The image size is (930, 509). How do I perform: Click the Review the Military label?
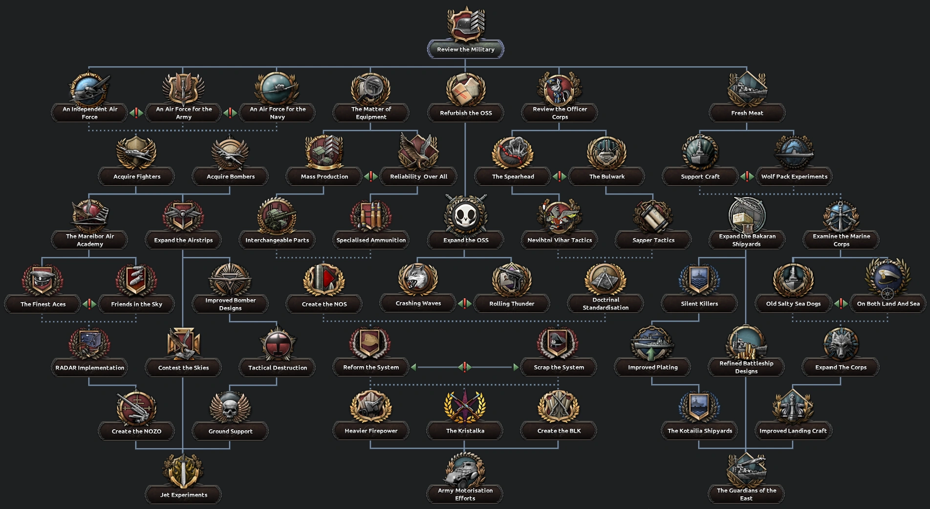coord(466,49)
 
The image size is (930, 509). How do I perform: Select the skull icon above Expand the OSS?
coord(466,216)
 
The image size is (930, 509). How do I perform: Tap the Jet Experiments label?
coord(184,495)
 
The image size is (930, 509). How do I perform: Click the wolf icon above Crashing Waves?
coord(418,279)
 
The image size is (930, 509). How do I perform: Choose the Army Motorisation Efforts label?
coord(465,494)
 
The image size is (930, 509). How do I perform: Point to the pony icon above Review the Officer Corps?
coord(560,89)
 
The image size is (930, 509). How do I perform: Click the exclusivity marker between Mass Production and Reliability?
coord(371,177)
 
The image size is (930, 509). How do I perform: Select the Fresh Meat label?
coord(747,113)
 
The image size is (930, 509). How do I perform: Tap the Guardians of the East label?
coord(746,494)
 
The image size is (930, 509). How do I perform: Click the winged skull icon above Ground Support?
coord(230,407)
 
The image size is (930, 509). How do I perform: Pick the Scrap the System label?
coord(559,367)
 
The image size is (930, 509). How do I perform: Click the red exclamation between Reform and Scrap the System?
coord(465,367)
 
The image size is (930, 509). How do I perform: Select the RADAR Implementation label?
coord(90,368)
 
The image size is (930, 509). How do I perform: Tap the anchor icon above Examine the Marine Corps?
coord(841,216)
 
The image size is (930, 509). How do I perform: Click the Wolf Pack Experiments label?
coord(794,177)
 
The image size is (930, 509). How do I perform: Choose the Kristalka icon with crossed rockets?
coord(465,406)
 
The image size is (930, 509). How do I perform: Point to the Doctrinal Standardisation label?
coord(606,304)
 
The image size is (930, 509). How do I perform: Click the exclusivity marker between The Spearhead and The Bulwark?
coord(560,177)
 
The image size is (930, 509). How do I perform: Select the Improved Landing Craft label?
coord(793,431)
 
